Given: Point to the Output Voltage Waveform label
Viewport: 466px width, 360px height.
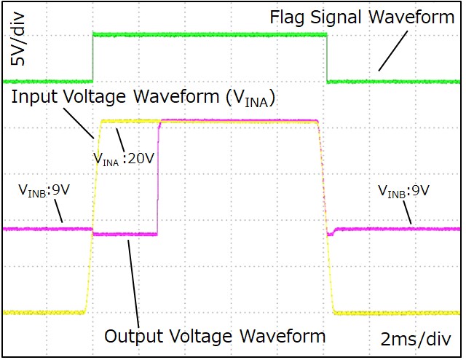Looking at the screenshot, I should (x=215, y=336).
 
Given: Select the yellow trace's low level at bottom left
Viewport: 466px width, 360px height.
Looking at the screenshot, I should (x=44, y=312).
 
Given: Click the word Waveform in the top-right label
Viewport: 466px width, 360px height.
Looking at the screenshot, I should (x=416, y=17).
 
